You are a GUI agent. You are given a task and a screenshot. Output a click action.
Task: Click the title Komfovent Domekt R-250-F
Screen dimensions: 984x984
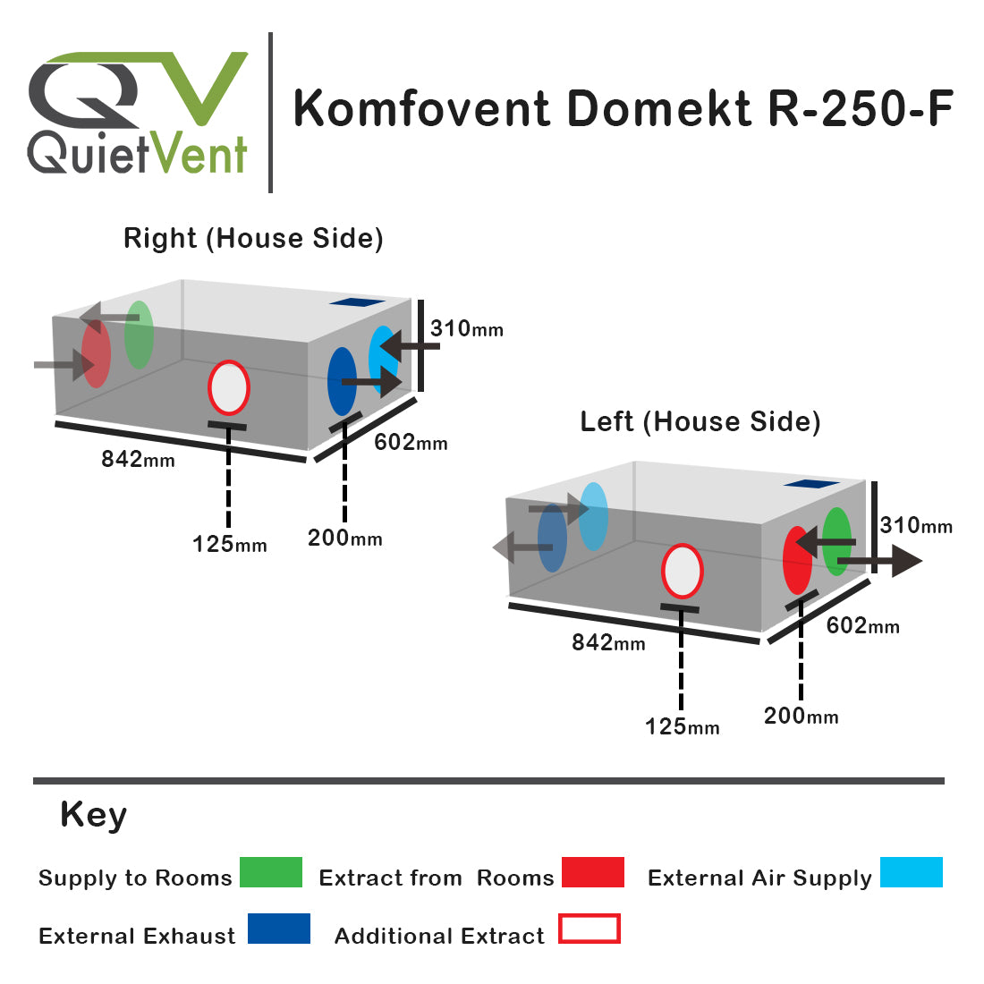pyautogui.click(x=623, y=109)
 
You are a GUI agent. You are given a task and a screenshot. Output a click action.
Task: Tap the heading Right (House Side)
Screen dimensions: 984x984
pyautogui.click(x=253, y=239)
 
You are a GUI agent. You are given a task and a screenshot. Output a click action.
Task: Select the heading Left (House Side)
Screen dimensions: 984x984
pyautogui.click(x=700, y=421)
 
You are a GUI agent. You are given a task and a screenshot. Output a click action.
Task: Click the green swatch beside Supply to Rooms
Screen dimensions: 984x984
pyautogui.click(x=271, y=872)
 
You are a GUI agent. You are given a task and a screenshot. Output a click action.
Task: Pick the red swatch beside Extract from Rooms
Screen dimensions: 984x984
pyautogui.click(x=592, y=872)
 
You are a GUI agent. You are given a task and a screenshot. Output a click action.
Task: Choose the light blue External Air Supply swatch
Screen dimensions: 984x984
pyautogui.click(x=911, y=872)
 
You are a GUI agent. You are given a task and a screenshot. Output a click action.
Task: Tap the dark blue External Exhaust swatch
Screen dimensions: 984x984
pyautogui.click(x=278, y=929)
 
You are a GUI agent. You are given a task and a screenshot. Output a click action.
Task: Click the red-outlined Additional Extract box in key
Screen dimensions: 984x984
pyautogui.click(x=589, y=929)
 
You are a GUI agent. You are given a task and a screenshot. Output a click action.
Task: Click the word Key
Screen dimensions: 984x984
pyautogui.click(x=93, y=816)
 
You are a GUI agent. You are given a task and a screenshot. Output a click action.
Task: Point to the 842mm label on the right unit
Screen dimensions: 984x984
pyautogui.click(x=138, y=460)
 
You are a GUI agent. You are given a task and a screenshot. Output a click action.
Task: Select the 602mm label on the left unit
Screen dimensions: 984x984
pyautogui.click(x=862, y=626)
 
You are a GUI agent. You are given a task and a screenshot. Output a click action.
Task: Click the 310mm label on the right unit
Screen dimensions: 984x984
pyautogui.click(x=466, y=328)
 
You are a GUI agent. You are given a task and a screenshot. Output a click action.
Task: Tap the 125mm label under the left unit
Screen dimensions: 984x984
pyautogui.click(x=682, y=727)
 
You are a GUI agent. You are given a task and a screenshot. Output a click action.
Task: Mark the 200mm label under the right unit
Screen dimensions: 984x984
pyautogui.click(x=344, y=539)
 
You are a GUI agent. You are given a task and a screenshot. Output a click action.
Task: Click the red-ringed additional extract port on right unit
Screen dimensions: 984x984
pyautogui.click(x=228, y=387)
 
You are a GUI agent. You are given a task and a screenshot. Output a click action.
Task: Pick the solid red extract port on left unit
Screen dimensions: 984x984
pyautogui.click(x=796, y=561)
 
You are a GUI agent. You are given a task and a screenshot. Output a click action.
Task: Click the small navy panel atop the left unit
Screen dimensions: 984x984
pyautogui.click(x=810, y=484)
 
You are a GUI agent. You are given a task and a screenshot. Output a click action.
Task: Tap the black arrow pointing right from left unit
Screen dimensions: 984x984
pyautogui.click(x=881, y=562)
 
